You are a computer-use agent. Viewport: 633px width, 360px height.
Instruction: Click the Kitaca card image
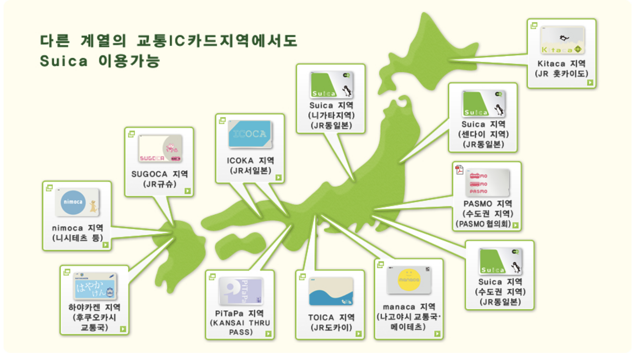(x=562, y=40)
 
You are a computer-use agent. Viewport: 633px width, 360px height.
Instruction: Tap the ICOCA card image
(x=250, y=134)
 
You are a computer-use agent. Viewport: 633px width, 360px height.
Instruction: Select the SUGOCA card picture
(x=160, y=148)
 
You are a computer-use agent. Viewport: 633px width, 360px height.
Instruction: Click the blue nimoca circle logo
(x=73, y=202)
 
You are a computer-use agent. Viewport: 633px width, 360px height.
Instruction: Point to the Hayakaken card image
(x=95, y=286)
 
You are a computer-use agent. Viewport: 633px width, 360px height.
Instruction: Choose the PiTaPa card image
(x=241, y=291)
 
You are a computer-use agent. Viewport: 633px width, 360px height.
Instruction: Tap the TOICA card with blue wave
(x=331, y=292)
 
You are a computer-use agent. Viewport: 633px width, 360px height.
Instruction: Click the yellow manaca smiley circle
(x=409, y=280)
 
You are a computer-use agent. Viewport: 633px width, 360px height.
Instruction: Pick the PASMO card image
(x=488, y=183)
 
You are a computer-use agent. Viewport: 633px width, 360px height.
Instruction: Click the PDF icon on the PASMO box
(x=459, y=170)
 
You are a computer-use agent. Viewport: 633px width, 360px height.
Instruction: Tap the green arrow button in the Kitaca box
(x=590, y=83)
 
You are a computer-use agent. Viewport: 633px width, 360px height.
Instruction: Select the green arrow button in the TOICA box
(x=359, y=333)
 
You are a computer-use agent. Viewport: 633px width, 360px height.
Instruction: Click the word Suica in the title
(x=64, y=61)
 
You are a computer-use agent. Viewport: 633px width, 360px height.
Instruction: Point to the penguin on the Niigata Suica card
(x=347, y=91)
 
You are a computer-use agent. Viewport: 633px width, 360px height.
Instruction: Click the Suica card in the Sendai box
(x=483, y=103)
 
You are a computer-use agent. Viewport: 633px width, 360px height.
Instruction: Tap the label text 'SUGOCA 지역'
(x=159, y=174)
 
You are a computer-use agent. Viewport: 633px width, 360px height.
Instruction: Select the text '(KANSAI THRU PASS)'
(x=240, y=327)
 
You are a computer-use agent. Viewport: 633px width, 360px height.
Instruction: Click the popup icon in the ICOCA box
(x=222, y=120)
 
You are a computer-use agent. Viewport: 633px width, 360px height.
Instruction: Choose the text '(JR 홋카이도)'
(x=561, y=74)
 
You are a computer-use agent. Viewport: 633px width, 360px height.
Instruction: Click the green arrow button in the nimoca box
(x=105, y=244)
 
